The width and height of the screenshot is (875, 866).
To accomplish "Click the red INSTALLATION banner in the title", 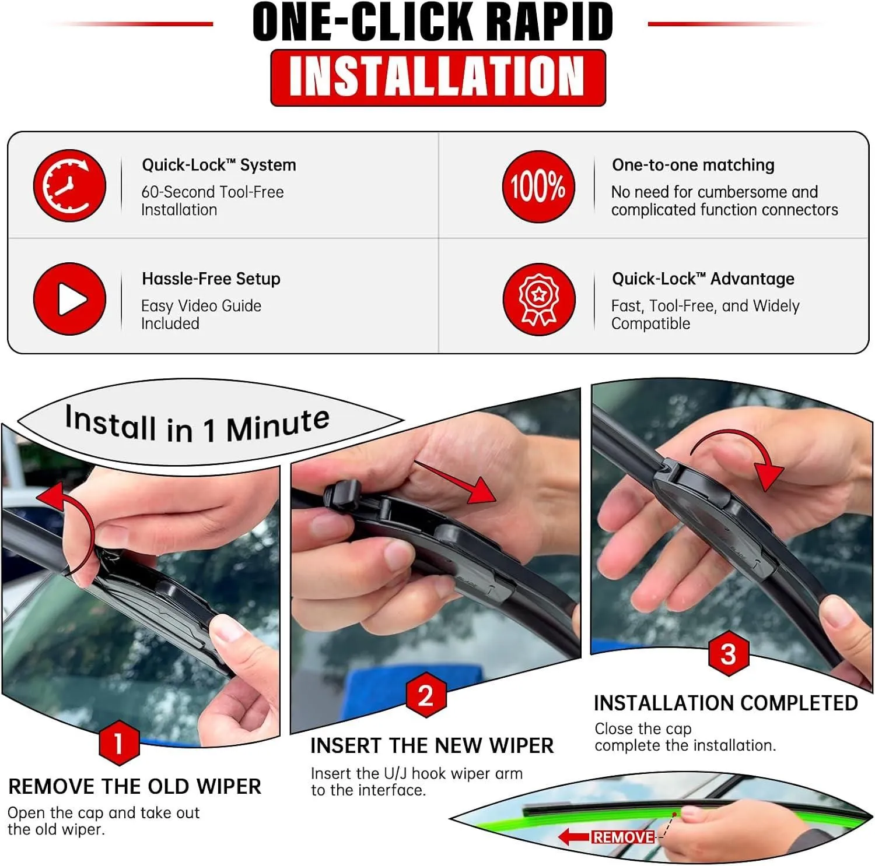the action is coord(438,78).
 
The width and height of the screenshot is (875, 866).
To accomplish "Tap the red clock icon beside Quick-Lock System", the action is coord(69,186).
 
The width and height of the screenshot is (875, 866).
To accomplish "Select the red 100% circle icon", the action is coord(538,186).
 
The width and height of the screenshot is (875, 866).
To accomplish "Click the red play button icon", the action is coord(69,299).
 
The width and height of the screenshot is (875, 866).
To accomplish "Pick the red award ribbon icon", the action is coord(538,300).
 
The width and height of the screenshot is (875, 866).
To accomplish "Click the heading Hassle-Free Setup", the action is coord(211,279).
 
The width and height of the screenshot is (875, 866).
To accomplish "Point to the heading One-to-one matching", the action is coord(693,165).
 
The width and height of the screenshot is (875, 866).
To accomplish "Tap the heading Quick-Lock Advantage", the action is coord(703,279).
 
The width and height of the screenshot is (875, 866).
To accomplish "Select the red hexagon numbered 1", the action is coord(119,744).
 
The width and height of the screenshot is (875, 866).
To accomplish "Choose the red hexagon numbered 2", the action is coord(426,695).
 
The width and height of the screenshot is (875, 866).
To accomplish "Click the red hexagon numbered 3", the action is coord(728,654).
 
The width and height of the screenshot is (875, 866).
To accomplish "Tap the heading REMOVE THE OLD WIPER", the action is coord(135,787).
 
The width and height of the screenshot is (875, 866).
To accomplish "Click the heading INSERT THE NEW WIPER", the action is coord(432,746).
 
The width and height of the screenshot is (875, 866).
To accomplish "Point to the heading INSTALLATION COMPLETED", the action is coord(726,703).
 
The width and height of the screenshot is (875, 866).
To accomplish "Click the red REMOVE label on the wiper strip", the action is coord(623,837).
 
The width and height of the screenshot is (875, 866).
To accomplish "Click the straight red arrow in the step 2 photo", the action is coord(455,481).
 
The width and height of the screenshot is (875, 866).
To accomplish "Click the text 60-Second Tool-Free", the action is coord(212,192).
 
